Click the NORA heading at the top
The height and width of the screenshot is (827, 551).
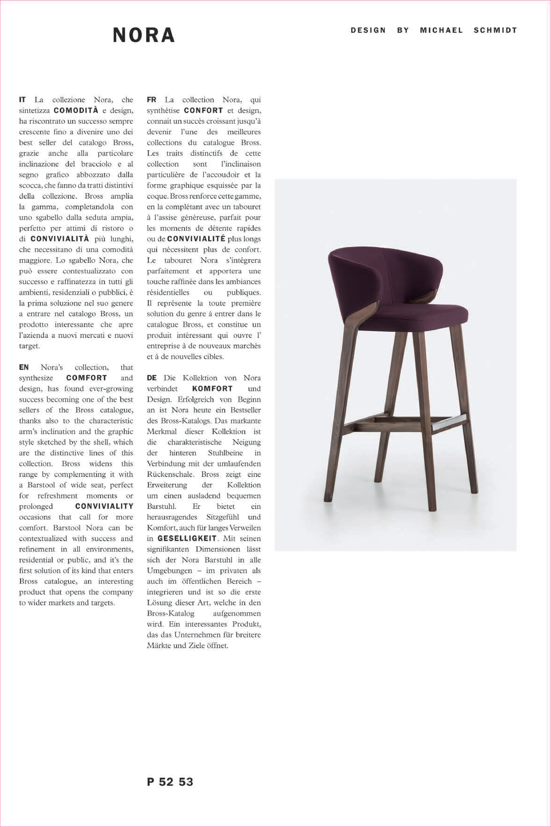coord(144,35)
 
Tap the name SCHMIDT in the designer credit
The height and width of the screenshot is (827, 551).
coord(495,30)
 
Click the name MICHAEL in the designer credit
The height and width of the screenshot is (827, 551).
coord(441,30)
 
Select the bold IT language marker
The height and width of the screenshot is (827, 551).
coord(22,100)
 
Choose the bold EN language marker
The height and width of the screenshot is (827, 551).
coord(24,367)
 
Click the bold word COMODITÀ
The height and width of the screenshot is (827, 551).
coord(76,110)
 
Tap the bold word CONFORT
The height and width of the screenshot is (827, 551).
coord(203,110)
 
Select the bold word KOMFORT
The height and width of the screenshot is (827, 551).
coord(212,389)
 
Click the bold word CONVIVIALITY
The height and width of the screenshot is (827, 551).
coord(104,506)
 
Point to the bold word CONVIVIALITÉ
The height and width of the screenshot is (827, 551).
coord(196,239)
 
